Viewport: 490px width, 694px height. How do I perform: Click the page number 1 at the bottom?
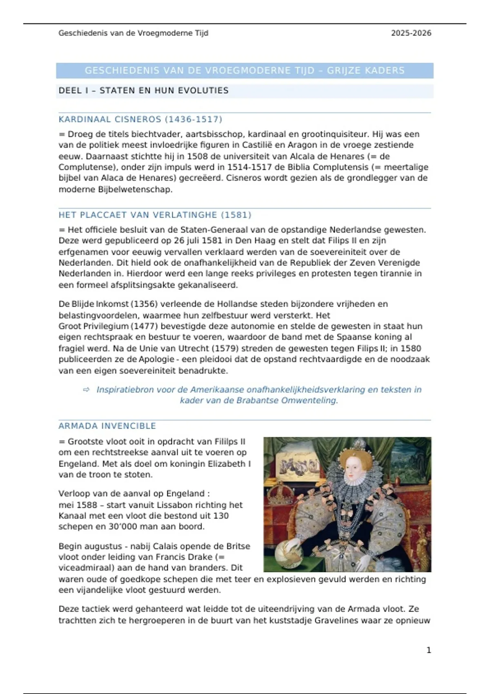(429, 650)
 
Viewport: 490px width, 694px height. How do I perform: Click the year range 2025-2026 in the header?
(411, 33)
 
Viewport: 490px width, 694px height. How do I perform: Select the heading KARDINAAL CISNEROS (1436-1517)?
(140, 119)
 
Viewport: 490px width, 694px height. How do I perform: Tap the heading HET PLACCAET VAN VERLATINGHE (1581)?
(155, 215)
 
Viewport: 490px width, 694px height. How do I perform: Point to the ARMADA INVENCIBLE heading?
(107, 426)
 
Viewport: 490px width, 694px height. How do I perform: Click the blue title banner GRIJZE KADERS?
(245, 71)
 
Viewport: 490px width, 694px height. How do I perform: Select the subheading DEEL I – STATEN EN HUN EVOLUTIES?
(143, 91)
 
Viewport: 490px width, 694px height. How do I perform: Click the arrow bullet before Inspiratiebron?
(86, 390)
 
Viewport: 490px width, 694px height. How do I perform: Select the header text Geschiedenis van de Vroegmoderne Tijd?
(133, 33)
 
